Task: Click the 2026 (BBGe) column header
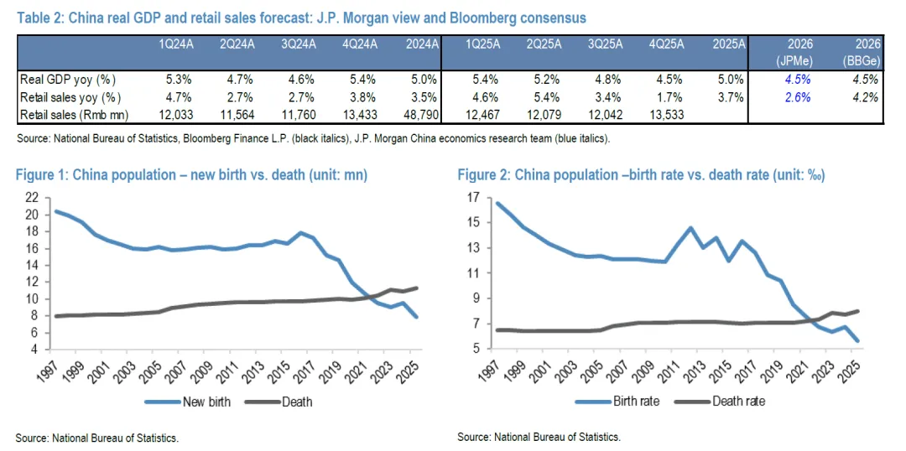coord(861,52)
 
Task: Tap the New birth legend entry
coord(206,402)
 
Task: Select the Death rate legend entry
coord(737,401)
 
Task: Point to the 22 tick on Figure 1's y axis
coord(33,197)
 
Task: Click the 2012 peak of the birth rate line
coord(690,227)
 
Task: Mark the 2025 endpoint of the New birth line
coord(416,317)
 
